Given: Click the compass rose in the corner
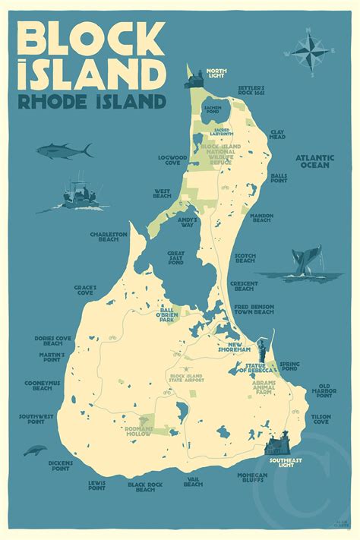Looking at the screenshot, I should (x=307, y=51).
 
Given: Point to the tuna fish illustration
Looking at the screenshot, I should (x=65, y=151).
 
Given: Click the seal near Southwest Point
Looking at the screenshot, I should (x=35, y=450).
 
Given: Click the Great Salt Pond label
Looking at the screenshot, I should (x=175, y=258).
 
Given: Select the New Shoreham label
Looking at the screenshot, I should (x=236, y=348).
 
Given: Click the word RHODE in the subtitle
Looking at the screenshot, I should (x=53, y=102).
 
